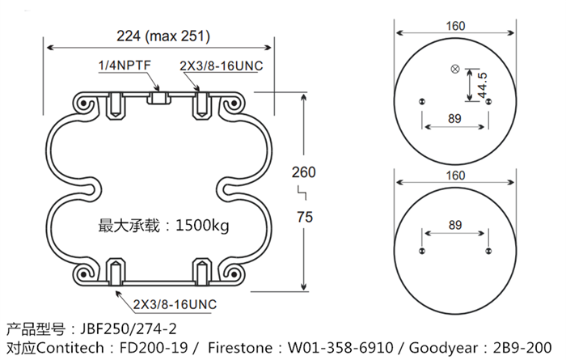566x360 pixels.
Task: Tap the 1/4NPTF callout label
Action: (x=125, y=65)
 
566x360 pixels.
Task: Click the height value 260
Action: (x=303, y=172)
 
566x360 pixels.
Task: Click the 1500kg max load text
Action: (x=164, y=225)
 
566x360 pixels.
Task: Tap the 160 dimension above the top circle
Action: (x=455, y=26)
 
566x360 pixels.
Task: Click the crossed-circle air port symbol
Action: (x=454, y=69)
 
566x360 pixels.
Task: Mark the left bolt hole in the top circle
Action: (x=421, y=101)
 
